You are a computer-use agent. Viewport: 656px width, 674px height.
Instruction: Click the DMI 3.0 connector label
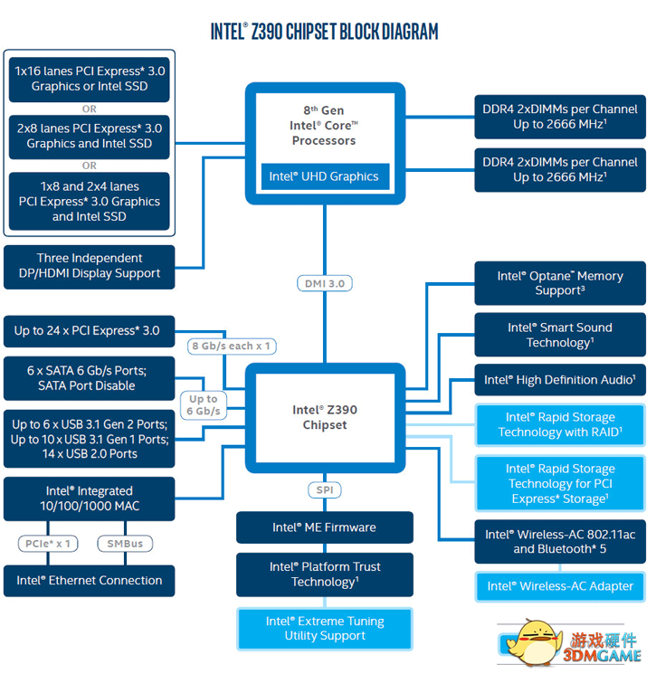(325, 284)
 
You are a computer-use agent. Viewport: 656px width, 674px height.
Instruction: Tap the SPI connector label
(325, 490)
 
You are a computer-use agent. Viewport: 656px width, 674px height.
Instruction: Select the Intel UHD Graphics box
(325, 176)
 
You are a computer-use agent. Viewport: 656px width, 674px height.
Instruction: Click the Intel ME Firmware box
(325, 527)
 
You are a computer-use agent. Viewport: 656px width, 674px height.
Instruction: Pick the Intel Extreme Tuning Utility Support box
(325, 629)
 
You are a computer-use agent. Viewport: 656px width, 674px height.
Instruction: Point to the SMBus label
(125, 544)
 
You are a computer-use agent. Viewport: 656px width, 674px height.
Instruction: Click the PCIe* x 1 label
(48, 544)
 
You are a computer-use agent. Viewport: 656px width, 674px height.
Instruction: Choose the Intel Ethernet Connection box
(89, 581)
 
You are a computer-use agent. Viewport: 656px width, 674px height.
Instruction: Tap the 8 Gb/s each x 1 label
(232, 346)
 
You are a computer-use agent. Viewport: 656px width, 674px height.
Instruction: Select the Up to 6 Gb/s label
(203, 405)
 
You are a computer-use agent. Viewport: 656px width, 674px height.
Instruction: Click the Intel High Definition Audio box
(560, 380)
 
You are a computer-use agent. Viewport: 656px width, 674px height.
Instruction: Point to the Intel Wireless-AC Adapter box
(560, 586)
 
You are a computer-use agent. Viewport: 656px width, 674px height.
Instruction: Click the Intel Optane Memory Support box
(560, 283)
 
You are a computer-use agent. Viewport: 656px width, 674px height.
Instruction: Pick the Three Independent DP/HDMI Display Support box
(89, 267)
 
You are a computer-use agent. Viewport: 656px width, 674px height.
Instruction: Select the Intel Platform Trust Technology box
(325, 574)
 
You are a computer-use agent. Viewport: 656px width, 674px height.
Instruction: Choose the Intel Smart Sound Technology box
(560, 335)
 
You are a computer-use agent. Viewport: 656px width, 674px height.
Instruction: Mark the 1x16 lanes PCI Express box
(89, 80)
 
